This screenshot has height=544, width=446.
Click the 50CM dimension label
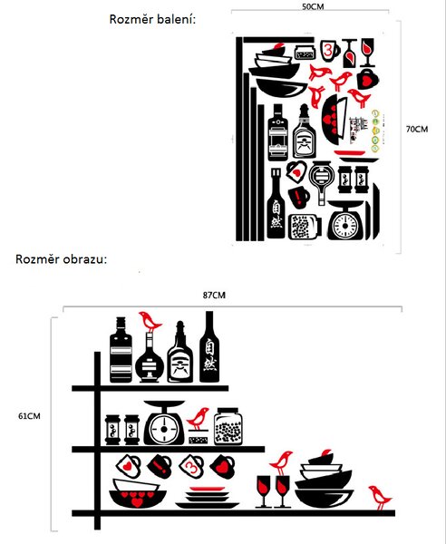click(x=313, y=6)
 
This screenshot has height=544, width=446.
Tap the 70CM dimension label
click(x=417, y=129)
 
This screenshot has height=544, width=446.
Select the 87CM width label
click(x=214, y=296)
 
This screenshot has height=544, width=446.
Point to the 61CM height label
click(x=29, y=416)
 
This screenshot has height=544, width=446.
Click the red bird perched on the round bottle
click(x=150, y=321)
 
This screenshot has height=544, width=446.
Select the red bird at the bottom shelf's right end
click(x=380, y=498)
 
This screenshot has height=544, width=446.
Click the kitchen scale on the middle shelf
click(x=164, y=423)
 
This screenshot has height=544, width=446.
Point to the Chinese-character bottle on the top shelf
click(x=209, y=347)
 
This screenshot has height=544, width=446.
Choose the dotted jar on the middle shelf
click(x=228, y=426)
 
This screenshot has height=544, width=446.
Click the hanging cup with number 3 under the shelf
click(x=191, y=466)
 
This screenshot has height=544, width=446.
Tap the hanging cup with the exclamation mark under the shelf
click(x=160, y=466)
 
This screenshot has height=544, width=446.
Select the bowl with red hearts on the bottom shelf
click(x=138, y=493)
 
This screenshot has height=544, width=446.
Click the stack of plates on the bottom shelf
click(x=207, y=497)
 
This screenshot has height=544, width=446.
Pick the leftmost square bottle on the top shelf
click(x=121, y=350)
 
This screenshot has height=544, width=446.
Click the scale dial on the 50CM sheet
click(x=344, y=226)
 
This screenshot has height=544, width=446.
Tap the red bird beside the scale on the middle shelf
click(x=199, y=419)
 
